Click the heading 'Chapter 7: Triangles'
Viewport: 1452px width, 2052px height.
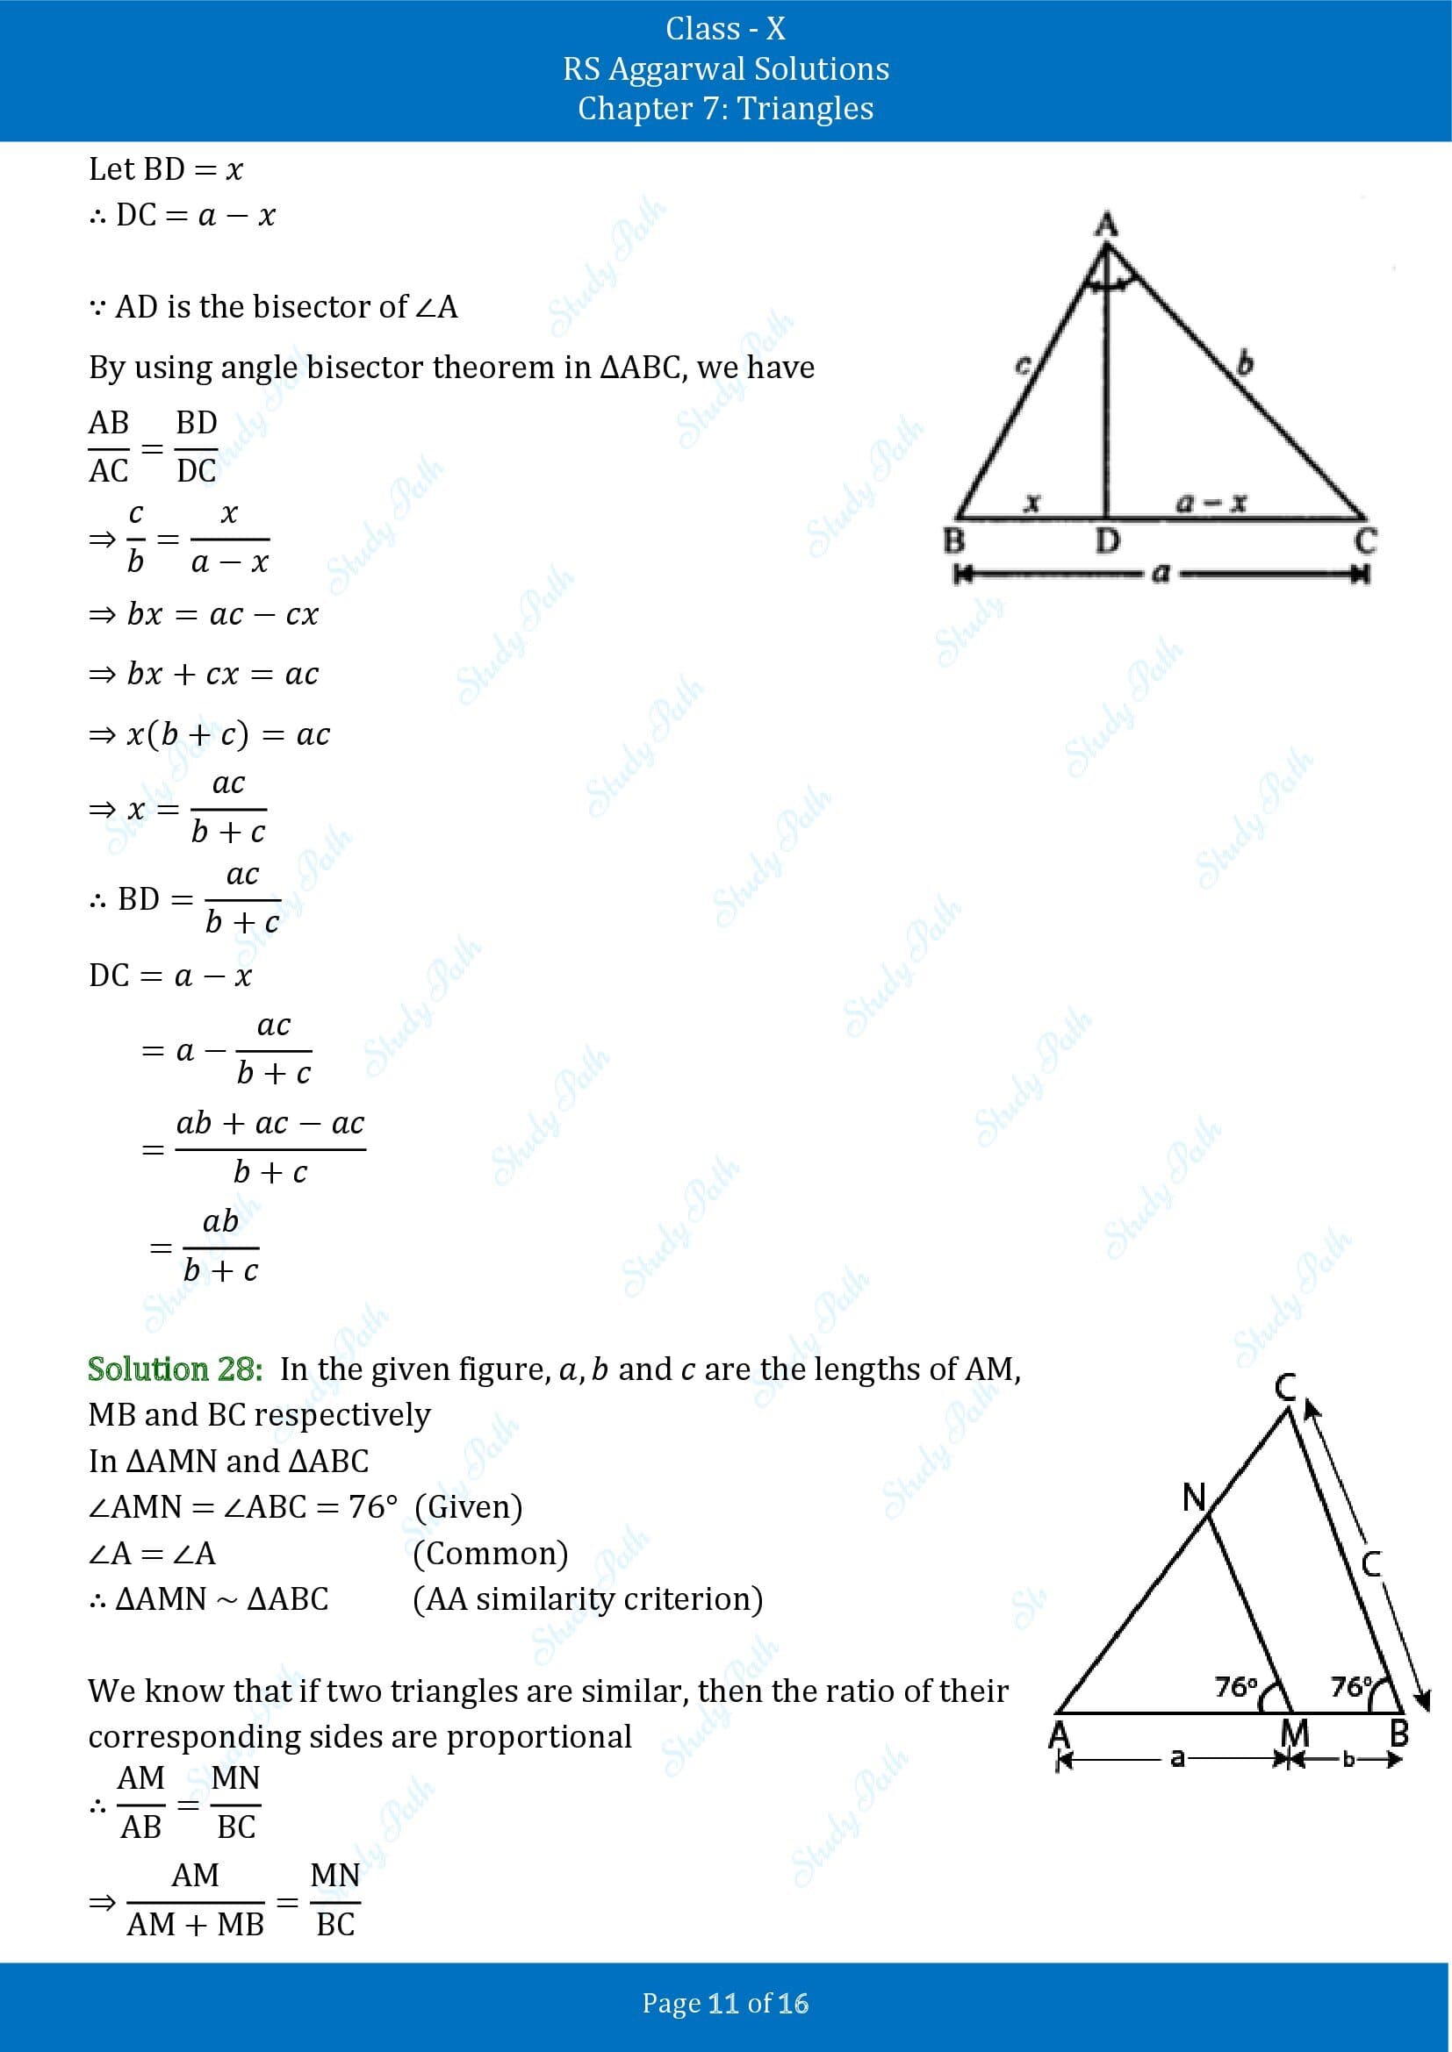[x=725, y=108]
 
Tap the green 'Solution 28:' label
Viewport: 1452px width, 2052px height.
[x=176, y=1369]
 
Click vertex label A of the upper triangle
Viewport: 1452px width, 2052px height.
[x=1107, y=224]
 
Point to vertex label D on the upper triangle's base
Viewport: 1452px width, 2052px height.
[x=1107, y=540]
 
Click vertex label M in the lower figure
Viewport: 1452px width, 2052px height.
[x=1295, y=1734]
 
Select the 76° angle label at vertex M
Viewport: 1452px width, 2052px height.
[x=1237, y=1686]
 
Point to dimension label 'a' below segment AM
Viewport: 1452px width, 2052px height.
[x=1177, y=1759]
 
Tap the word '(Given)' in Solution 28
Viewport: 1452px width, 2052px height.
[x=469, y=1507]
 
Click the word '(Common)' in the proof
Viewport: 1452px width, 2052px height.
[x=490, y=1554]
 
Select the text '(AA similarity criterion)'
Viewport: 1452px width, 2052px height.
[x=587, y=1599]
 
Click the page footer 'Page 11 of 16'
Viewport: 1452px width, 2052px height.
[x=725, y=2003]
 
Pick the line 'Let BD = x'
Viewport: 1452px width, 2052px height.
[x=165, y=169]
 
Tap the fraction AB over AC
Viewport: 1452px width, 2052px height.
[x=109, y=446]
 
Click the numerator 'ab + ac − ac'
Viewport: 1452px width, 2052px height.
[x=270, y=1123]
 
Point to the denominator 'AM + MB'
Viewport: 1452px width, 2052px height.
[x=196, y=1923]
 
